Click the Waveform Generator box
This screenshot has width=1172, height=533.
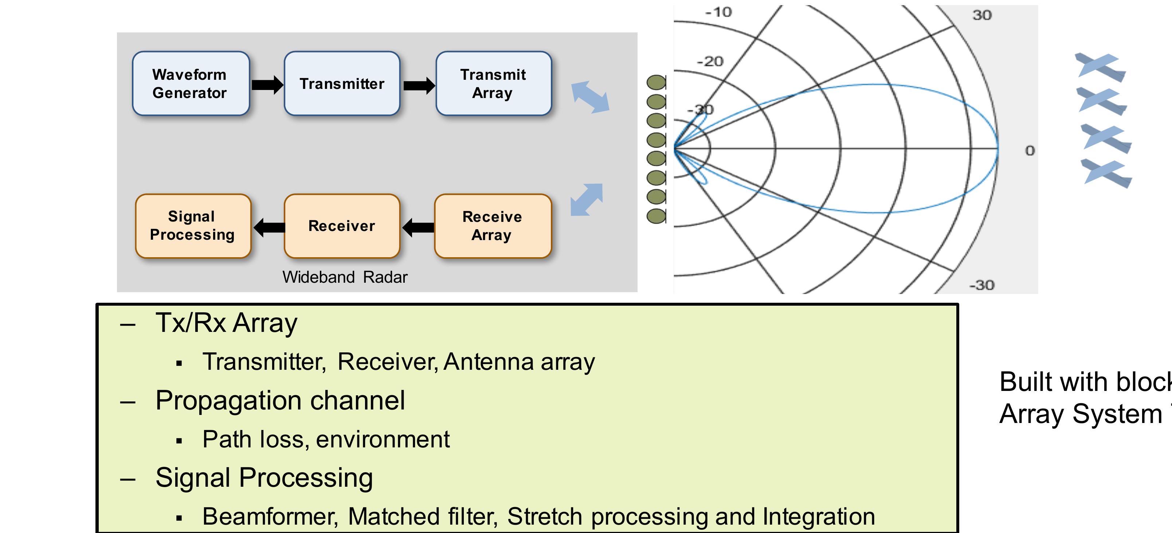[191, 83]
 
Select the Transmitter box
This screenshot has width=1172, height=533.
[342, 83]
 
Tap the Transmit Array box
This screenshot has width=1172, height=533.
[493, 83]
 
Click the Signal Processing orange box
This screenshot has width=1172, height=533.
[193, 226]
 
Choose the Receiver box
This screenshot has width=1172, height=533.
[342, 226]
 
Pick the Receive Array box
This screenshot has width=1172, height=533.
[492, 226]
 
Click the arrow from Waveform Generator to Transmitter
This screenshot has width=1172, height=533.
[267, 85]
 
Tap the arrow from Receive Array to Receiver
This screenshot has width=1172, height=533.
[418, 227]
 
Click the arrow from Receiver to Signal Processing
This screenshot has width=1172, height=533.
[269, 227]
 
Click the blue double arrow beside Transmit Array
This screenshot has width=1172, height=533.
[591, 97]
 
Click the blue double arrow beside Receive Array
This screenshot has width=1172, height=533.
[587, 199]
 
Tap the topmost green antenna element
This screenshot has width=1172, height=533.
[656, 83]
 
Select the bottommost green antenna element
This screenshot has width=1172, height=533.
[656, 216]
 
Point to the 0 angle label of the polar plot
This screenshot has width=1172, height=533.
[1030, 151]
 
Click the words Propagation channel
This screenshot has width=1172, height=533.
[280, 400]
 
